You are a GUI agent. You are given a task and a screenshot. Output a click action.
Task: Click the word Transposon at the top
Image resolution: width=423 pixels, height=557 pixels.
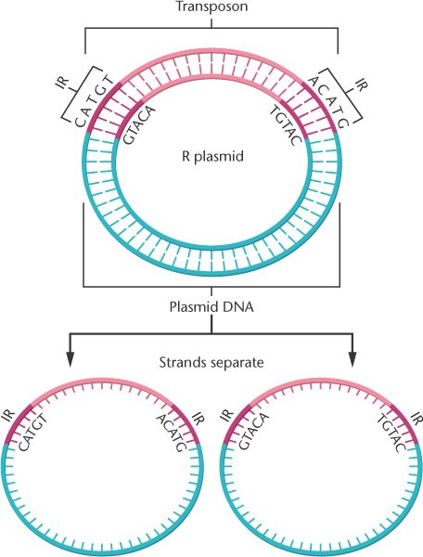[x=211, y=6]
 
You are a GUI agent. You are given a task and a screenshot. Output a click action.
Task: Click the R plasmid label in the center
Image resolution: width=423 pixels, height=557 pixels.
[x=212, y=156]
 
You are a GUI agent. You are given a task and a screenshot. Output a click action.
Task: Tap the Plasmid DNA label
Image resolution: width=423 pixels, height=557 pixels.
[x=211, y=306]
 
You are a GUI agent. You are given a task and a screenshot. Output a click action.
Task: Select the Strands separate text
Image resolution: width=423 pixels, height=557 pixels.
[x=211, y=363]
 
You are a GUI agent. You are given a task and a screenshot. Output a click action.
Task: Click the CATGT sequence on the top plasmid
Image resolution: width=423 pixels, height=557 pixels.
[x=94, y=100]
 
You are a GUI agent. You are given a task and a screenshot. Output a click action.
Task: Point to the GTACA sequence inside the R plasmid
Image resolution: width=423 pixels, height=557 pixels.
[x=139, y=124]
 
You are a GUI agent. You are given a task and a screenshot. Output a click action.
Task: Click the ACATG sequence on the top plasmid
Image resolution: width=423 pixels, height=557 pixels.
[x=329, y=101]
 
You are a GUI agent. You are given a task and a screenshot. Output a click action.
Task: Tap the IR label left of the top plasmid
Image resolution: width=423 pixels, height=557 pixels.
[x=63, y=83]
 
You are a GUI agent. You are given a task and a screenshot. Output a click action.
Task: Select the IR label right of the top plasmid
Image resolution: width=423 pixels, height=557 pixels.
[x=360, y=84]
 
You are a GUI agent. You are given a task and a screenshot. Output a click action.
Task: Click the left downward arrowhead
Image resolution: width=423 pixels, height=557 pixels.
[x=70, y=358]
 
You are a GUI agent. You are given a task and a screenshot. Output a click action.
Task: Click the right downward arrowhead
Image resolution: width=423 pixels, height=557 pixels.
[x=352, y=358]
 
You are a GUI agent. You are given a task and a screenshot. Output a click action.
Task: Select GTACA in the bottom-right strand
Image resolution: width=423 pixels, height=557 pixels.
[x=253, y=431]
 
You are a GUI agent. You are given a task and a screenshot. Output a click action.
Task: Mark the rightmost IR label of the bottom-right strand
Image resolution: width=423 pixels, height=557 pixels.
[x=417, y=418]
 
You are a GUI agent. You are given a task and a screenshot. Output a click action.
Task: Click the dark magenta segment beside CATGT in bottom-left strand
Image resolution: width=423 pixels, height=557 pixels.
[x=17, y=423]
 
